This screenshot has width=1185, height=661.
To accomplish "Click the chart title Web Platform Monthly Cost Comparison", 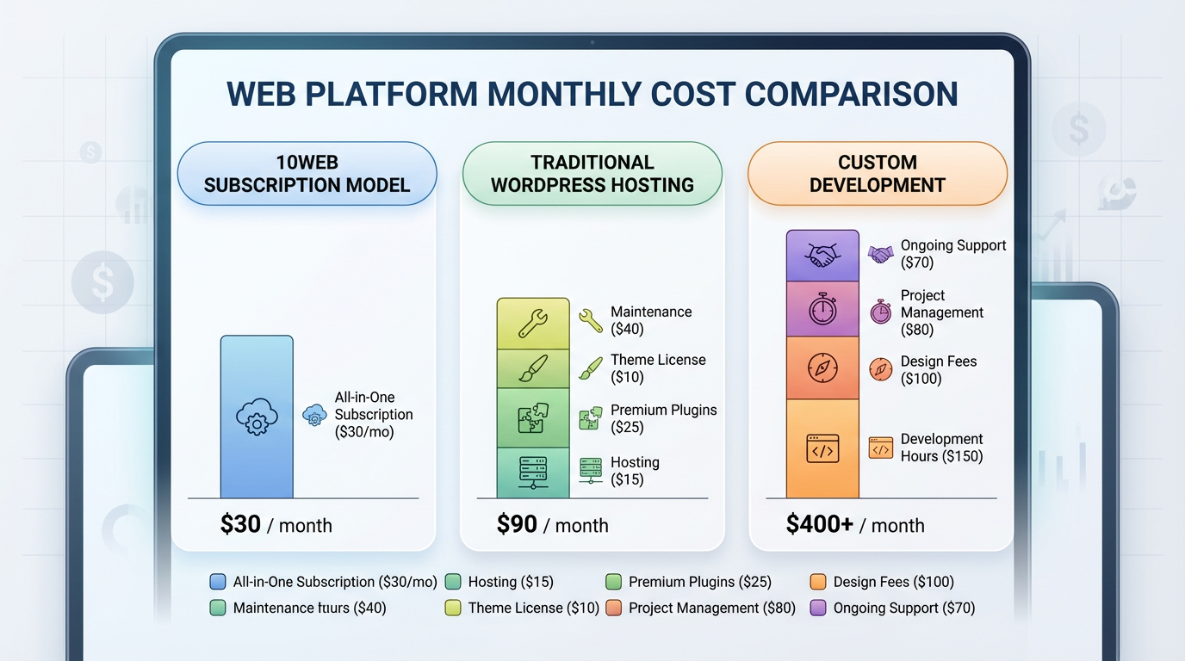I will point(592,94).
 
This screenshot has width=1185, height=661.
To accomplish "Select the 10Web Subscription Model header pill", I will point(307,174).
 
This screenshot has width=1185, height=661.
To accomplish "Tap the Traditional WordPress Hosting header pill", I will point(592,174).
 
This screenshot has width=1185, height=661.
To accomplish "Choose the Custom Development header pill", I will point(877,174).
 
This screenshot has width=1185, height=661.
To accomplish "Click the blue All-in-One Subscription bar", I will point(257,417).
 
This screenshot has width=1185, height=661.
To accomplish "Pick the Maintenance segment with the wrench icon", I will point(533,324).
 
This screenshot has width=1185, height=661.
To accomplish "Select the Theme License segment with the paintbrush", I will point(533,369).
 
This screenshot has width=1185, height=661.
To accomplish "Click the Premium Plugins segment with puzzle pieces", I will point(533,418).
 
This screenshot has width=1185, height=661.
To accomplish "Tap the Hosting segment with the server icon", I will point(533,473).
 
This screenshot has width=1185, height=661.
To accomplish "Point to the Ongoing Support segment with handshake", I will point(822,256).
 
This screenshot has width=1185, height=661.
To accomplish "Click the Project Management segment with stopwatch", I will point(822,309).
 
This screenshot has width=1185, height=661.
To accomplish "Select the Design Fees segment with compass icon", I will point(822,368).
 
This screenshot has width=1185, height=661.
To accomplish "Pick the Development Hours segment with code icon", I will point(822,448).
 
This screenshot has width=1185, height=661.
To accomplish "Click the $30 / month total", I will point(276,525).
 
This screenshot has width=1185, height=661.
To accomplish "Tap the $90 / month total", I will point(552,525).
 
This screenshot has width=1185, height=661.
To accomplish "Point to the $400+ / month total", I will point(854,525).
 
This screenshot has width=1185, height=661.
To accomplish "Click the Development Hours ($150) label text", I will point(941,448).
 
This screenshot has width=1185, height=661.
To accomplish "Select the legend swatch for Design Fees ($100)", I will point(818,583).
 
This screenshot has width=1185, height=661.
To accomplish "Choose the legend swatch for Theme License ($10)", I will point(453,608).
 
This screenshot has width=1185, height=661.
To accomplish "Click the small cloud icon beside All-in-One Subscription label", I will point(314,416).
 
